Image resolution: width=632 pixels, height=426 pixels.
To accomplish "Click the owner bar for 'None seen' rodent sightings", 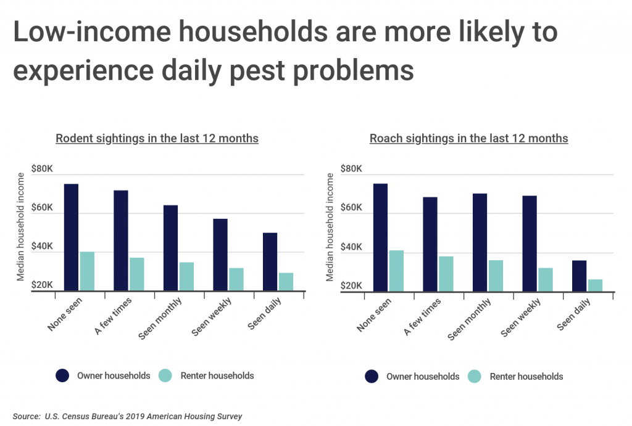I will (71, 237).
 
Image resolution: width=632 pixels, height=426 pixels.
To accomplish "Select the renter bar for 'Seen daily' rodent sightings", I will (286, 282).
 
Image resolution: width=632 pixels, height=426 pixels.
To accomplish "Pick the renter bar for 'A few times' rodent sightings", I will (136, 274).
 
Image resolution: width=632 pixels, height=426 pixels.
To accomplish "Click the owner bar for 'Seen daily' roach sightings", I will (580, 276).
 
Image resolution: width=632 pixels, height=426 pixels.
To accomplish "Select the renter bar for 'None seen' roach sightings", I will (396, 271).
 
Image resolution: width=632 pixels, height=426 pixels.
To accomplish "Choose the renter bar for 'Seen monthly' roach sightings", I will (496, 276).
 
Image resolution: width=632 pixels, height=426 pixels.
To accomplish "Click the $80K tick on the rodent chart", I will (41, 169).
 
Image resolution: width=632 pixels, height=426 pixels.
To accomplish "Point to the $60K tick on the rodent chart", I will (41, 208).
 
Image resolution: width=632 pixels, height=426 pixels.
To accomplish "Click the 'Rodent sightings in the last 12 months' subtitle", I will (157, 139).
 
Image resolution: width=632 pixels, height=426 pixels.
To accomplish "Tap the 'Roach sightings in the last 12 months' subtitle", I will (468, 139).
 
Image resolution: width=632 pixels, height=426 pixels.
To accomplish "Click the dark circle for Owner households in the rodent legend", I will (63, 375).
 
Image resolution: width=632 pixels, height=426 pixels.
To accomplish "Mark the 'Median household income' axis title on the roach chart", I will (330, 227).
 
